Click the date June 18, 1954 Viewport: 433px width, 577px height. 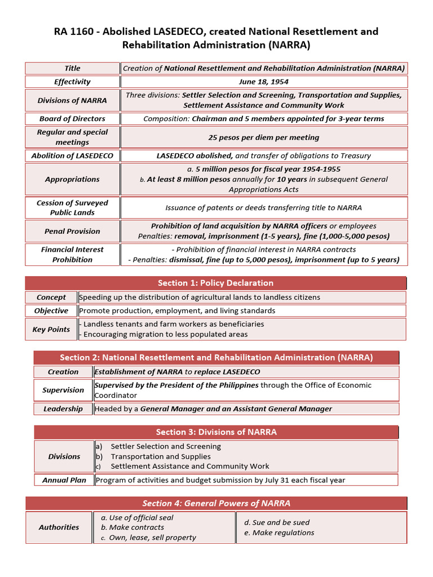tap(263, 82)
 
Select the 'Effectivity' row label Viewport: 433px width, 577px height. tap(72, 82)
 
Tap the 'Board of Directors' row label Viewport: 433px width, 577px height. tap(72, 119)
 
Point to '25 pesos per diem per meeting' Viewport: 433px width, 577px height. tap(263, 137)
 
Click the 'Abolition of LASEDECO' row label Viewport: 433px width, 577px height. tap(72, 156)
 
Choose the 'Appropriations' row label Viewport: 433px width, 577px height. tap(72, 179)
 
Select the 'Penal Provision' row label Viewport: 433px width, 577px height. tap(72, 231)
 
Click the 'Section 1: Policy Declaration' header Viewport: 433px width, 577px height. tap(215, 283)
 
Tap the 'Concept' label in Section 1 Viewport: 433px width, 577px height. tap(51, 298)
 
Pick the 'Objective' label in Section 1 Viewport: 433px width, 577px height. tap(51, 311)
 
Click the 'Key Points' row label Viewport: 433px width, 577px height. tap(51, 330)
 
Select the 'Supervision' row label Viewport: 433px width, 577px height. tap(63, 390)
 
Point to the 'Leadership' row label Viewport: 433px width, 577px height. tap(63, 409)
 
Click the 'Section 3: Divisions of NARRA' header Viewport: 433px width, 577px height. tap(216, 432)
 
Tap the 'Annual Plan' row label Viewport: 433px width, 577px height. tap(64, 481)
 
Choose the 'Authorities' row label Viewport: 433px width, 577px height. tap(59, 527)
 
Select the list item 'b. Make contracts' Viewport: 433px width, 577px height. tap(132, 527)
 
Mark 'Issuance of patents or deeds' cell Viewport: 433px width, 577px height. tap(263, 208)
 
